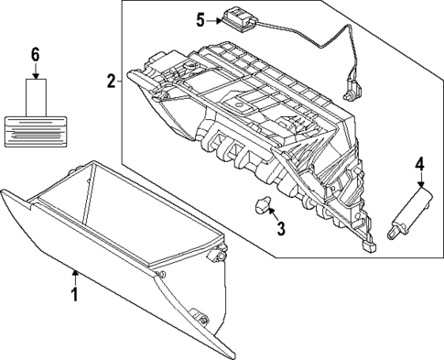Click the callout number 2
coord(111,82)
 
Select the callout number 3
coord(281,226)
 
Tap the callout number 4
coord(419,165)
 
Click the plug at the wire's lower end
coord(349,92)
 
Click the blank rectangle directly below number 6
coord(36,95)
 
